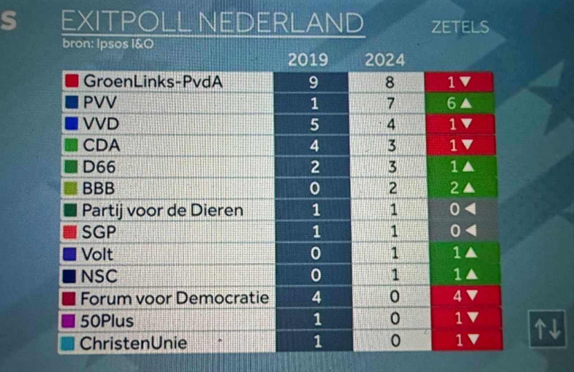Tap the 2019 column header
308,60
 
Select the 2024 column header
384,60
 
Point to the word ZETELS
460,27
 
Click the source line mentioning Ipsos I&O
111,44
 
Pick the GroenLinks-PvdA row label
152,82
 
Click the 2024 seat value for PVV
391,104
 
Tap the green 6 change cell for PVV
460,103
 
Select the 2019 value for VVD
314,124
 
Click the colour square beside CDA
72,145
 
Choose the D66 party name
99,167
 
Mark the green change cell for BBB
462,188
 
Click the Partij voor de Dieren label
162,210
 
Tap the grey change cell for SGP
463,231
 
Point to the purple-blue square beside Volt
70,254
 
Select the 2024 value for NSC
395,275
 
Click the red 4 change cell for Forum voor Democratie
465,297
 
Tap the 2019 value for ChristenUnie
317,341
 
